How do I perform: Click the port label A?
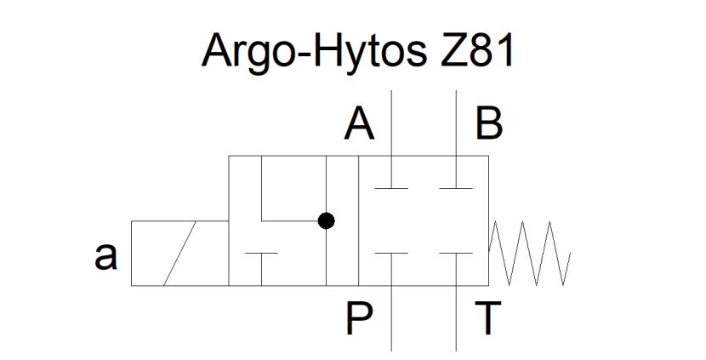pyautogui.click(x=359, y=125)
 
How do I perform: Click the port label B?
pyautogui.click(x=489, y=125)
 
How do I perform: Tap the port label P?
pyautogui.click(x=359, y=318)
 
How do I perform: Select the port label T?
pyautogui.click(x=488, y=318)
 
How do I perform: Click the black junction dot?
pyautogui.click(x=326, y=220)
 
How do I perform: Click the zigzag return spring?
pyautogui.click(x=529, y=254)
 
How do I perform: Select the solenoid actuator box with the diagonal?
pyautogui.click(x=180, y=254)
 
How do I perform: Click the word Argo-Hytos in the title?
pyautogui.click(x=314, y=50)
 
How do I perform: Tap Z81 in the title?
pyautogui.click(x=477, y=50)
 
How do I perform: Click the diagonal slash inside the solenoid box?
pyautogui.click(x=179, y=254)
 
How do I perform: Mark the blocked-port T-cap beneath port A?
pyautogui.click(x=391, y=172)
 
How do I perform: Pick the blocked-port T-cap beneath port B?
pyautogui.click(x=456, y=172)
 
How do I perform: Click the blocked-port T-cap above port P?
pyautogui.click(x=391, y=269)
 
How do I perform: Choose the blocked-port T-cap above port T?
pyautogui.click(x=456, y=269)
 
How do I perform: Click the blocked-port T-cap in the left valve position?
pyautogui.click(x=261, y=269)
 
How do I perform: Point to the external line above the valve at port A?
pyautogui.click(x=391, y=123)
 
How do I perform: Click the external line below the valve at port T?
pyautogui.click(x=456, y=318)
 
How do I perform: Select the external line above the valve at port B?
pyautogui.click(x=456, y=123)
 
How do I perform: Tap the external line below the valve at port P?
pyautogui.click(x=391, y=318)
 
